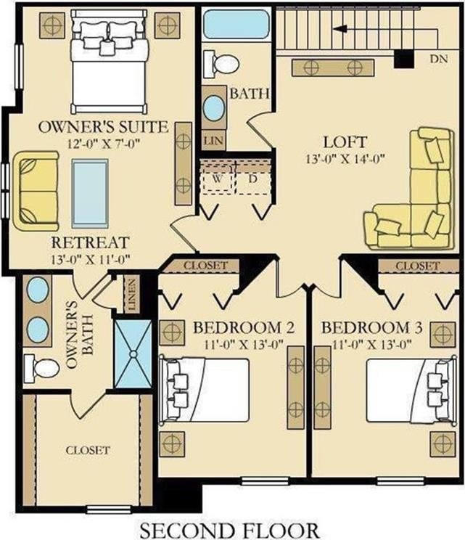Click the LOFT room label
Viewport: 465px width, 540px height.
345,142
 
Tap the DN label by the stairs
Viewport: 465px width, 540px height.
439,59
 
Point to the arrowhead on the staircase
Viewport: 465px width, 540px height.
340,29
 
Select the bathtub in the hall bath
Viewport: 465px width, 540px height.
236,24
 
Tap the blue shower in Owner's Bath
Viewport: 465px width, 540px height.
133,353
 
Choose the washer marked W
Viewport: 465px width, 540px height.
217,179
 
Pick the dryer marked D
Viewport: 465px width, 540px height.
253,179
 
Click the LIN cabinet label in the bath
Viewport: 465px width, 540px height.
214,141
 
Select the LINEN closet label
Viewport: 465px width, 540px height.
131,294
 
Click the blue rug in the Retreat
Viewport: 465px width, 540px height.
90,193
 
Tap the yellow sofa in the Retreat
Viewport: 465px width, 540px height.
36,191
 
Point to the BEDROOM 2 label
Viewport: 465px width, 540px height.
243,327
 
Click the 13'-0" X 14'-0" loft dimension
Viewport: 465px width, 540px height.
345,159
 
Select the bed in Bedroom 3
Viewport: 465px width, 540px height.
411,390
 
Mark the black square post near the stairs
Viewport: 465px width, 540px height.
404,58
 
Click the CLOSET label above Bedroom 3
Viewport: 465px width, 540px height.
418,266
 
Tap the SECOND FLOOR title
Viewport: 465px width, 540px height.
229,531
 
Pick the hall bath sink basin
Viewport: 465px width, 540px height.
214,108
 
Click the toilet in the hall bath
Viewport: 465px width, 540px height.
221,64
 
